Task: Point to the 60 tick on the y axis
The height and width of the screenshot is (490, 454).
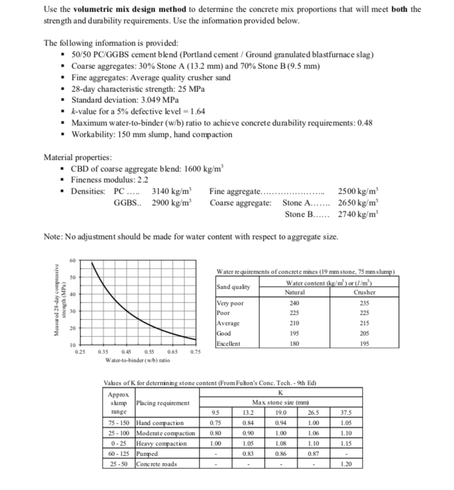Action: (x=72, y=261)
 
